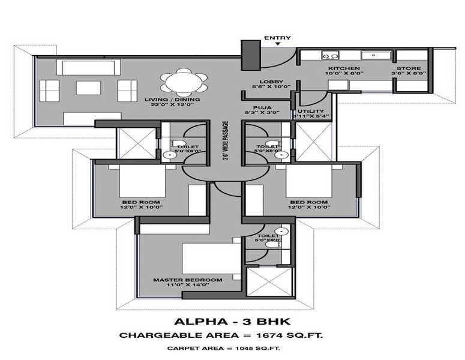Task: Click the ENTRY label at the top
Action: coord(277,38)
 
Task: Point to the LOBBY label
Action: coord(267,82)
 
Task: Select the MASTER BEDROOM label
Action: coord(187,280)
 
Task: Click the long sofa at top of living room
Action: coord(88,67)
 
